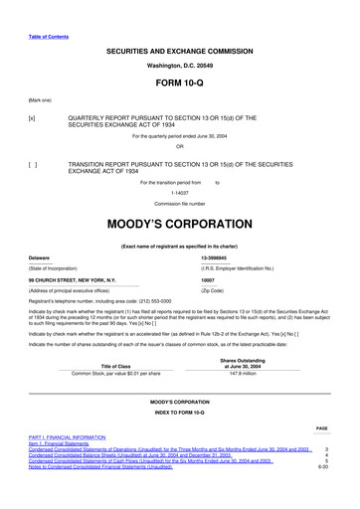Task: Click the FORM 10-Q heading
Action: (179, 83)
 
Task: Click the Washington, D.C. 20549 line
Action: (179, 64)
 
